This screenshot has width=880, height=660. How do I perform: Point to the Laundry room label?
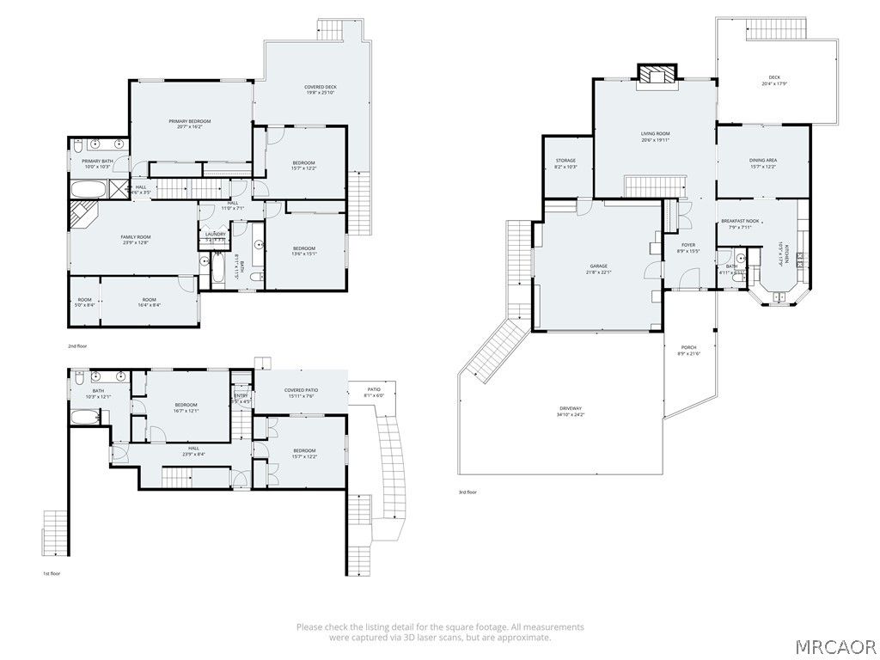[215, 234]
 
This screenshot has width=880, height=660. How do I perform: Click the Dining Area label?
[763, 162]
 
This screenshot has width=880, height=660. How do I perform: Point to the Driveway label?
[571, 411]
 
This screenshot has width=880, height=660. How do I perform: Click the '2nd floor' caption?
[78, 346]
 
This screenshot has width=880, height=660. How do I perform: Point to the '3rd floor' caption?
[468, 492]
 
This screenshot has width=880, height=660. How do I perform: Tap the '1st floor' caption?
[52, 573]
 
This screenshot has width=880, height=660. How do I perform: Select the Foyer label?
[688, 247]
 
